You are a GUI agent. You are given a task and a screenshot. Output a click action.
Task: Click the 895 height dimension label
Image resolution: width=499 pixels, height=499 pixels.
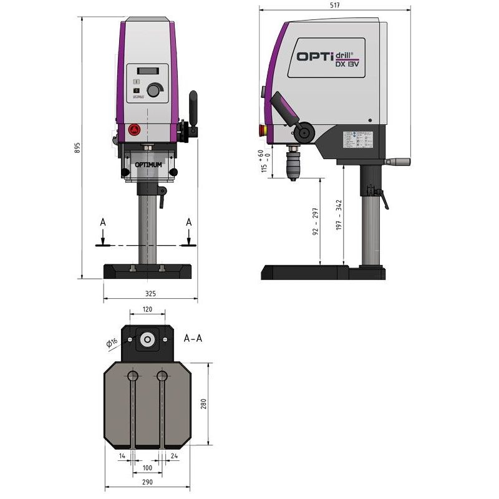tap(77, 148)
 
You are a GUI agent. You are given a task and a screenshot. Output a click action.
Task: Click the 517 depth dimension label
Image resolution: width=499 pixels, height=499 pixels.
tap(335, 5)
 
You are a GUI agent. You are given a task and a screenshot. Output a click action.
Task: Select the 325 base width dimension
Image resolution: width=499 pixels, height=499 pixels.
tap(150, 293)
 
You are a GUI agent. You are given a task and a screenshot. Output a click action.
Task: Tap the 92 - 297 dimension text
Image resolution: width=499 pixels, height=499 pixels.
tap(316, 221)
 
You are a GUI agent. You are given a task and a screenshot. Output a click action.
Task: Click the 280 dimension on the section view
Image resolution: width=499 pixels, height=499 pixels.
tap(203, 404)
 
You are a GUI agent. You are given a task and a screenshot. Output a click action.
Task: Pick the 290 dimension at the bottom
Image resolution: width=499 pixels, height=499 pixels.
tap(147, 482)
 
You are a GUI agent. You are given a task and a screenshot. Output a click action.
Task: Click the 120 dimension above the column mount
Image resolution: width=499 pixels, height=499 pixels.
tap(147, 309)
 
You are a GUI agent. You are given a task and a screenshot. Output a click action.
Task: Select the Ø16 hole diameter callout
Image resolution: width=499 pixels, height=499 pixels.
tap(112, 342)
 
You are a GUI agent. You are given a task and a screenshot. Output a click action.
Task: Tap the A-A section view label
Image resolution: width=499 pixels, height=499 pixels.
tap(193, 339)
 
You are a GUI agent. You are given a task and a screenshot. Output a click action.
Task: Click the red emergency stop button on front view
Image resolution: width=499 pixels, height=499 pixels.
tap(133, 129)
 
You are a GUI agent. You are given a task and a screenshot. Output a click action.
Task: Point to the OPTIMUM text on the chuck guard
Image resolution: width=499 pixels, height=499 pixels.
tap(148, 165)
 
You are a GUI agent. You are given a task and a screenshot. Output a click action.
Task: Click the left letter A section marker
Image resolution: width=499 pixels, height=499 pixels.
tap(102, 221)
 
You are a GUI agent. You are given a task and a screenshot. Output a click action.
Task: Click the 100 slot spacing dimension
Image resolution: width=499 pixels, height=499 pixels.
tap(147, 467)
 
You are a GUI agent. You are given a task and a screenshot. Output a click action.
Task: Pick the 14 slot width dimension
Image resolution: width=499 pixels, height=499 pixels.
tap(122, 456)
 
